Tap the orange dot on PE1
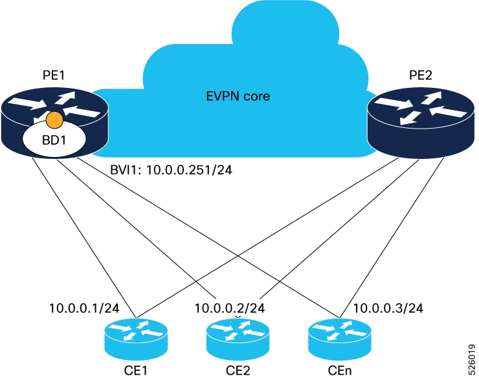tap(55, 120)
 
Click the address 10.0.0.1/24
tap(78, 308)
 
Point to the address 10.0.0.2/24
tap(230, 308)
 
